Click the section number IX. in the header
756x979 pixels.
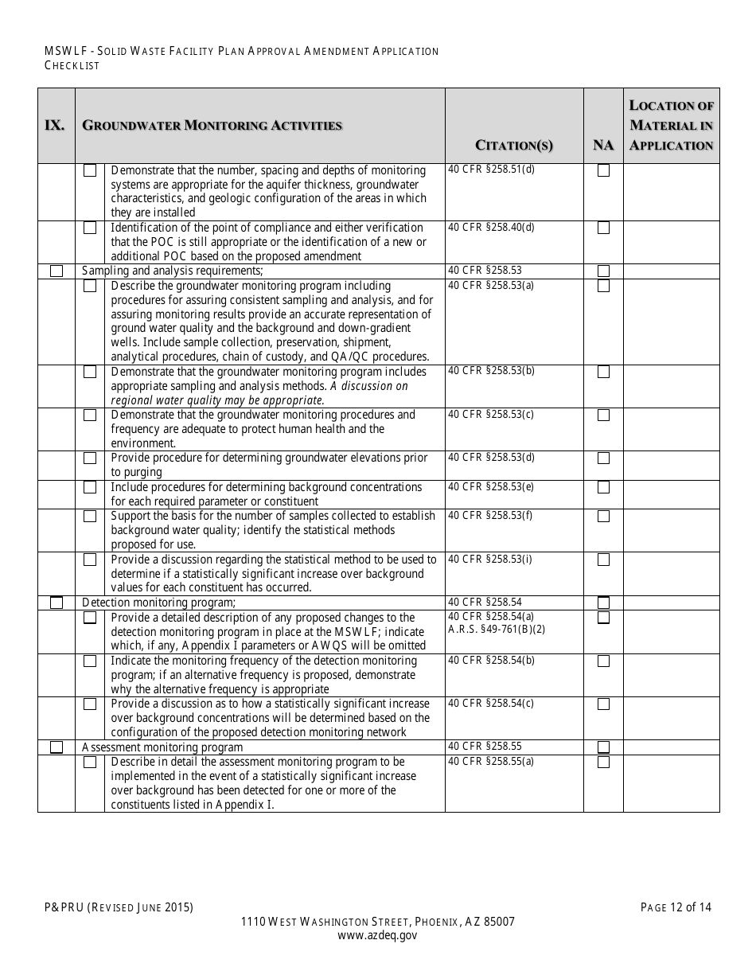click(55, 125)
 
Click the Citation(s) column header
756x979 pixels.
click(513, 145)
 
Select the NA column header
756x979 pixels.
click(603, 145)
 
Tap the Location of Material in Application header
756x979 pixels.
click(671, 125)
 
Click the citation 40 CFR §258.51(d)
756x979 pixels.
click(491, 170)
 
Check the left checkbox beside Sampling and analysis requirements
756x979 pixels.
click(57, 271)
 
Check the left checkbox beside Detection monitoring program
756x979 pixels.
click(57, 603)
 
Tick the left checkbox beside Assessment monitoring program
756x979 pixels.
click(57, 747)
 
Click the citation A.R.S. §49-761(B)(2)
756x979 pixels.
click(497, 628)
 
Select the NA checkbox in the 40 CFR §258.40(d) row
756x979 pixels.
click(604, 228)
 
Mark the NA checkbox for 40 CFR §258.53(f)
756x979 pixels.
click(604, 516)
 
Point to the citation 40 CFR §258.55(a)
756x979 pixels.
click(491, 761)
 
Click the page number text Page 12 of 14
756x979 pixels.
click(676, 907)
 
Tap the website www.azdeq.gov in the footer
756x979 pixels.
click(377, 936)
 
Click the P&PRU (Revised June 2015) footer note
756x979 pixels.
click(119, 907)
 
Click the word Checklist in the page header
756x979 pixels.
click(72, 66)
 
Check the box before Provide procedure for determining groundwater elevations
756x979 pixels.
click(90, 458)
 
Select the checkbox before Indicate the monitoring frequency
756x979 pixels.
click(90, 661)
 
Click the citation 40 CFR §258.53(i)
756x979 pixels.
click(491, 559)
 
